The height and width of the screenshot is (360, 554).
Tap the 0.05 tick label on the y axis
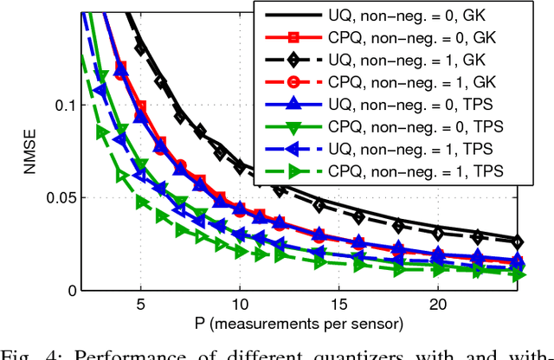[x=57, y=198]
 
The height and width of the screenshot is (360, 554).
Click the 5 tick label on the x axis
[x=140, y=306]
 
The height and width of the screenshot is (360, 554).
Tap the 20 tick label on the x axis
[x=439, y=306]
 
